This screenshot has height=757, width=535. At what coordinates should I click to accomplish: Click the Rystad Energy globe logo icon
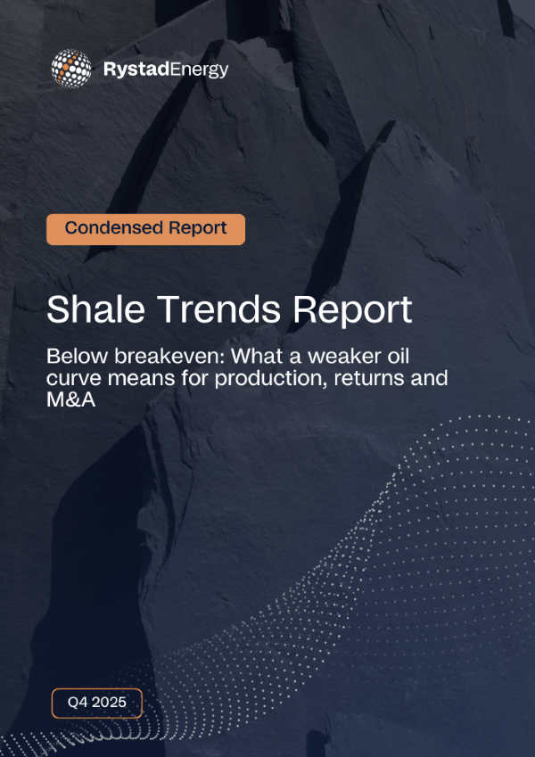[70, 68]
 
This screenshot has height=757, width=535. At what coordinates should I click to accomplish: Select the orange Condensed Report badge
[145, 228]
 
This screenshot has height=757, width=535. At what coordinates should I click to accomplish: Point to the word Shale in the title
[90, 309]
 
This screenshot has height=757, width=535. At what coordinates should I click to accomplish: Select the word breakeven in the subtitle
[164, 357]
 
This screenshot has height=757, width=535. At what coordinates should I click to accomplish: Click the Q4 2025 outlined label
[96, 703]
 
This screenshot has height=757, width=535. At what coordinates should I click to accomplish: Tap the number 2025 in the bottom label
[109, 703]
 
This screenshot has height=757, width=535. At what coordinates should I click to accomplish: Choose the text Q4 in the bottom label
[77, 703]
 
